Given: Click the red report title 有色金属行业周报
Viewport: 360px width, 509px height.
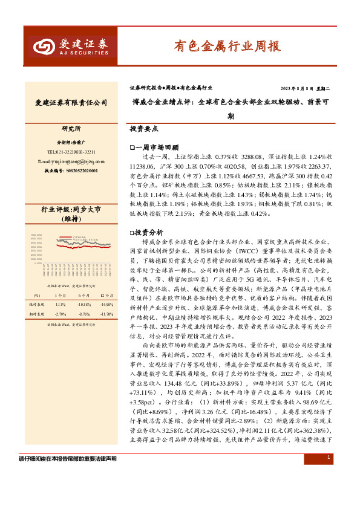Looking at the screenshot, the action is click(227, 45).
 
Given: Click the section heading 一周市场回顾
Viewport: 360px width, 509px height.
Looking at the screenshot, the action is click(156, 147).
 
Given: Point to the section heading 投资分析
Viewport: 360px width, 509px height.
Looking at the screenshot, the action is click(148, 232).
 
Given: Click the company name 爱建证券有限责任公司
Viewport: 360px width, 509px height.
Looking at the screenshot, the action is click(72, 103).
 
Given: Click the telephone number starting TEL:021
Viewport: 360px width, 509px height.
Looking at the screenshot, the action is click(71, 152).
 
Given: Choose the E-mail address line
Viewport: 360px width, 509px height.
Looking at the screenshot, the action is click(71, 161).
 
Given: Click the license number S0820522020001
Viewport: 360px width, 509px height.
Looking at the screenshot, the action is click(71, 171).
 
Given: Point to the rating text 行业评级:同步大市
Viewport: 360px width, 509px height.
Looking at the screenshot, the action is click(71, 209).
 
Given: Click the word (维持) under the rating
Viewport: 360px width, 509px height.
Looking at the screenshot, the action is click(71, 218).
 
